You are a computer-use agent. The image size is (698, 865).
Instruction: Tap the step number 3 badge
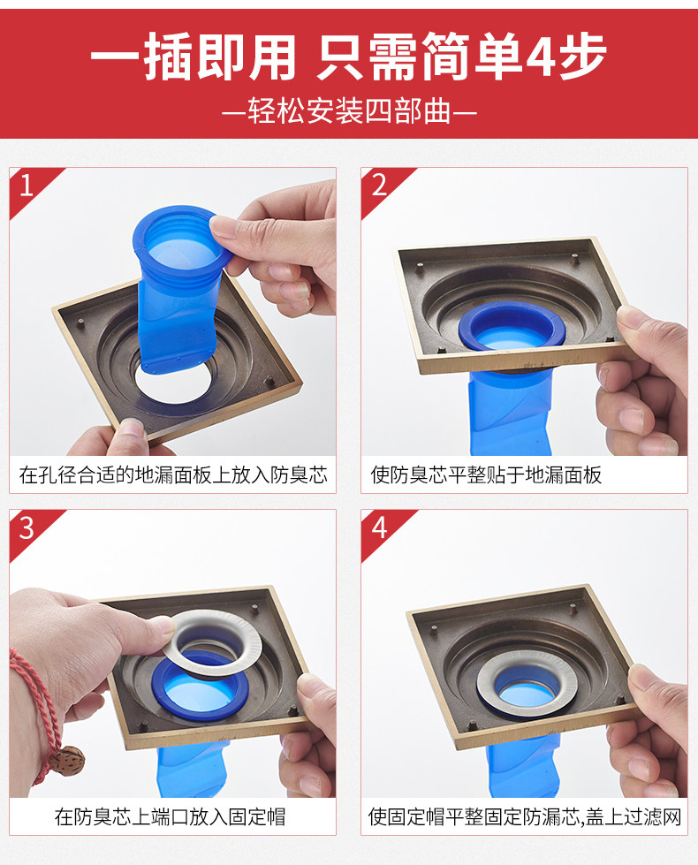click(27, 528)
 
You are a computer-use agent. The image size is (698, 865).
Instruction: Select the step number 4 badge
click(379, 528)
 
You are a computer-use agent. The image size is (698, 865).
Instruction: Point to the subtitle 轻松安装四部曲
click(349, 111)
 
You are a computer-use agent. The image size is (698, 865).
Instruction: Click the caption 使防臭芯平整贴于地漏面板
click(486, 474)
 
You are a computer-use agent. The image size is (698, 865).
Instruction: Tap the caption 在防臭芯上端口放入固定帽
click(170, 816)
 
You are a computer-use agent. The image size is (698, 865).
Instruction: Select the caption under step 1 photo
click(173, 474)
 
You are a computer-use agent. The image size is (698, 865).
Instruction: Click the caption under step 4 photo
click(525, 816)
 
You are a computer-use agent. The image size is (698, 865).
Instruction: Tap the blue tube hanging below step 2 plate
click(508, 411)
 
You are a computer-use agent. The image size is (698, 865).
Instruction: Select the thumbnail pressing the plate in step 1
click(130, 427)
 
